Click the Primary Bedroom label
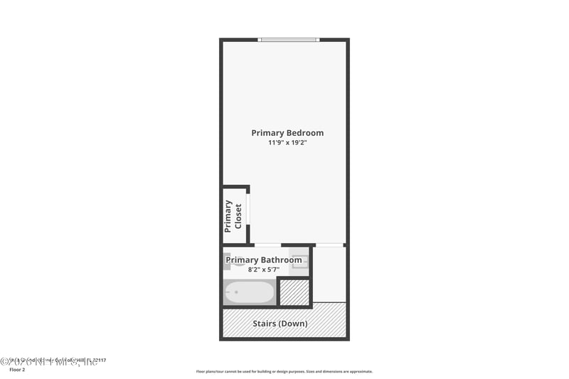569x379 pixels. click(x=287, y=133)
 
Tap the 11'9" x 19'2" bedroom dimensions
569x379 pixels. click(x=287, y=143)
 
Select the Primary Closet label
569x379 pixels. click(x=233, y=216)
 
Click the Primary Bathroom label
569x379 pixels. click(x=264, y=260)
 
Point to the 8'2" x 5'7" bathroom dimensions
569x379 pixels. click(x=263, y=269)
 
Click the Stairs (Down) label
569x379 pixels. click(x=280, y=324)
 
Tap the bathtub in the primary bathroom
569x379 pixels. click(x=249, y=292)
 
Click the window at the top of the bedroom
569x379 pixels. click(x=289, y=40)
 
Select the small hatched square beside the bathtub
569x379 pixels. click(x=294, y=292)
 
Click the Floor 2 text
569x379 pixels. click(x=16, y=370)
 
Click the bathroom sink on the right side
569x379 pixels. click(x=300, y=262)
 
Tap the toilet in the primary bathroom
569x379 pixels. click(x=227, y=260)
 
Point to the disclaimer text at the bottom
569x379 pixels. click(x=284, y=371)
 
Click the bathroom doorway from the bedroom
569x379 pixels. click(x=267, y=245)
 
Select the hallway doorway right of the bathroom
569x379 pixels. click(x=329, y=245)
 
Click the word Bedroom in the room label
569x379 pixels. click(x=304, y=133)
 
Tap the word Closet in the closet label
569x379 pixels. click(x=238, y=216)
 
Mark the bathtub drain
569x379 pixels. click(x=236, y=292)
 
